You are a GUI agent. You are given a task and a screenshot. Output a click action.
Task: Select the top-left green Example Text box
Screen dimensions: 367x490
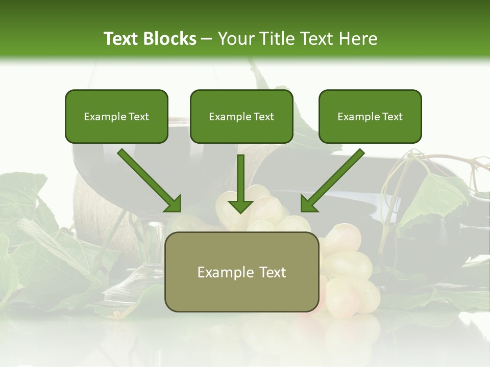pos(116,116)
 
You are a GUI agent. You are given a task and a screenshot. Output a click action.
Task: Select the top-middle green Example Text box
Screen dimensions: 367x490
pos(241,116)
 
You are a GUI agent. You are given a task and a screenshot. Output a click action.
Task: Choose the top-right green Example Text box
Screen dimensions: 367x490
pos(370,116)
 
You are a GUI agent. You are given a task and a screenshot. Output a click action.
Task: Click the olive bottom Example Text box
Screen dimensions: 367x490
pos(241,272)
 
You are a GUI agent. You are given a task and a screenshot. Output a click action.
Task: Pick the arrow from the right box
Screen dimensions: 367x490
pos(334,179)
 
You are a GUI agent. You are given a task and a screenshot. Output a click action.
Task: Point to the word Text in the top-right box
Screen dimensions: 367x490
pos(392,116)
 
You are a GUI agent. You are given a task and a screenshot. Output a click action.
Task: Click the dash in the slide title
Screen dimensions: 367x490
pos(207,39)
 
